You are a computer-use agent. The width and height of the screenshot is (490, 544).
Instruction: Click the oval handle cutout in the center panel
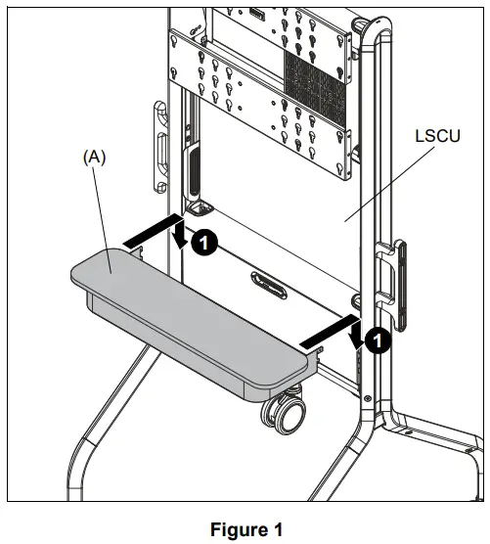click(x=267, y=284)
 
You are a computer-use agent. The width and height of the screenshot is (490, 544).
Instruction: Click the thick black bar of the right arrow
click(x=325, y=332)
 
